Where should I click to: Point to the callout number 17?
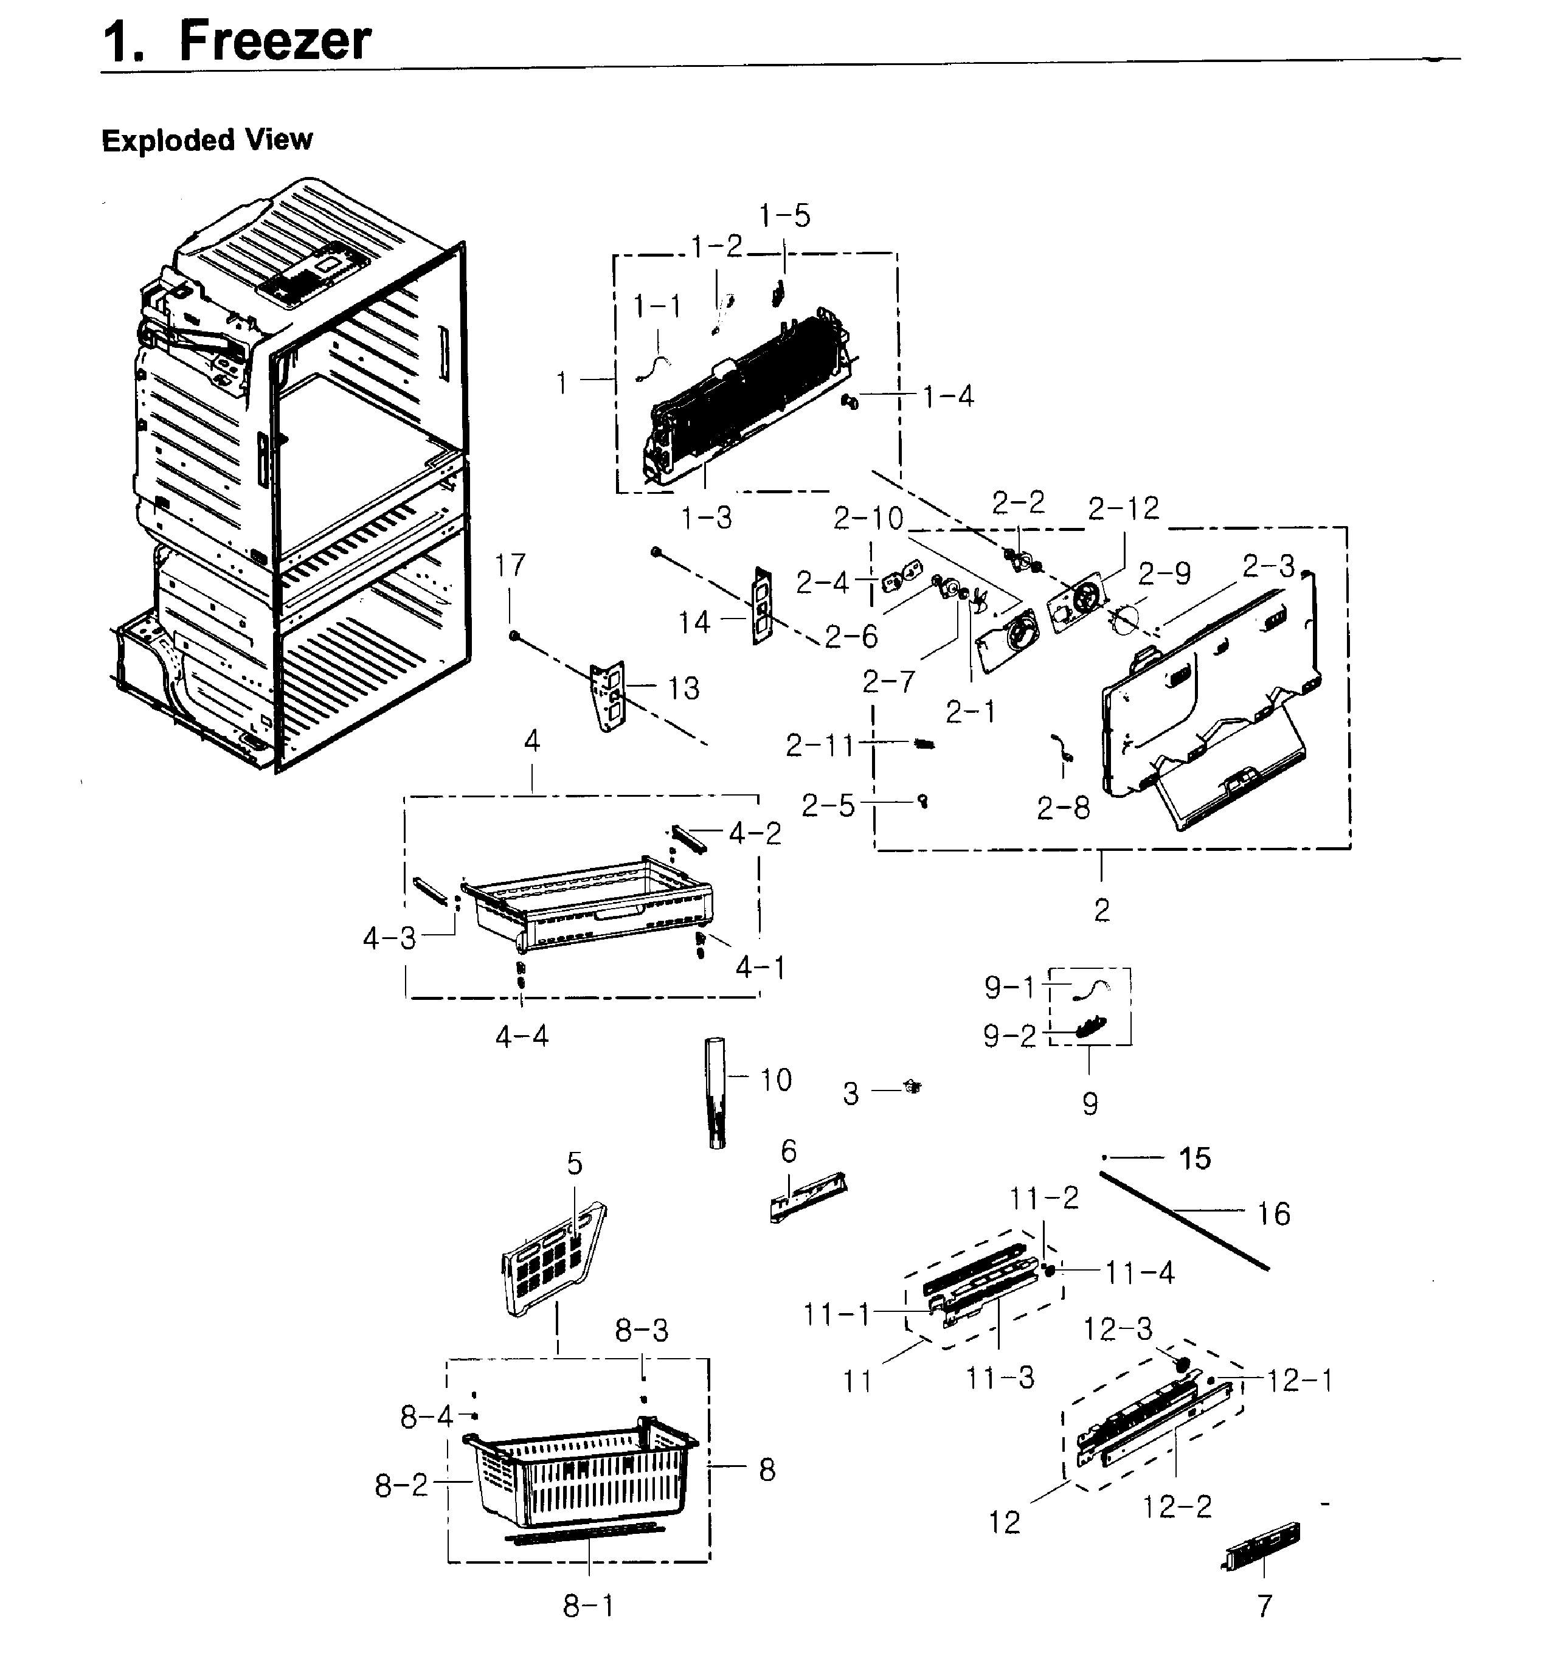pyautogui.click(x=510, y=566)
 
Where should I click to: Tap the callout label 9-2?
pyautogui.click(x=1008, y=1036)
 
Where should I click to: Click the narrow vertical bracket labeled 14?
pyautogui.click(x=761, y=605)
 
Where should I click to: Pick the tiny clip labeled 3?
pyautogui.click(x=912, y=1086)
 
